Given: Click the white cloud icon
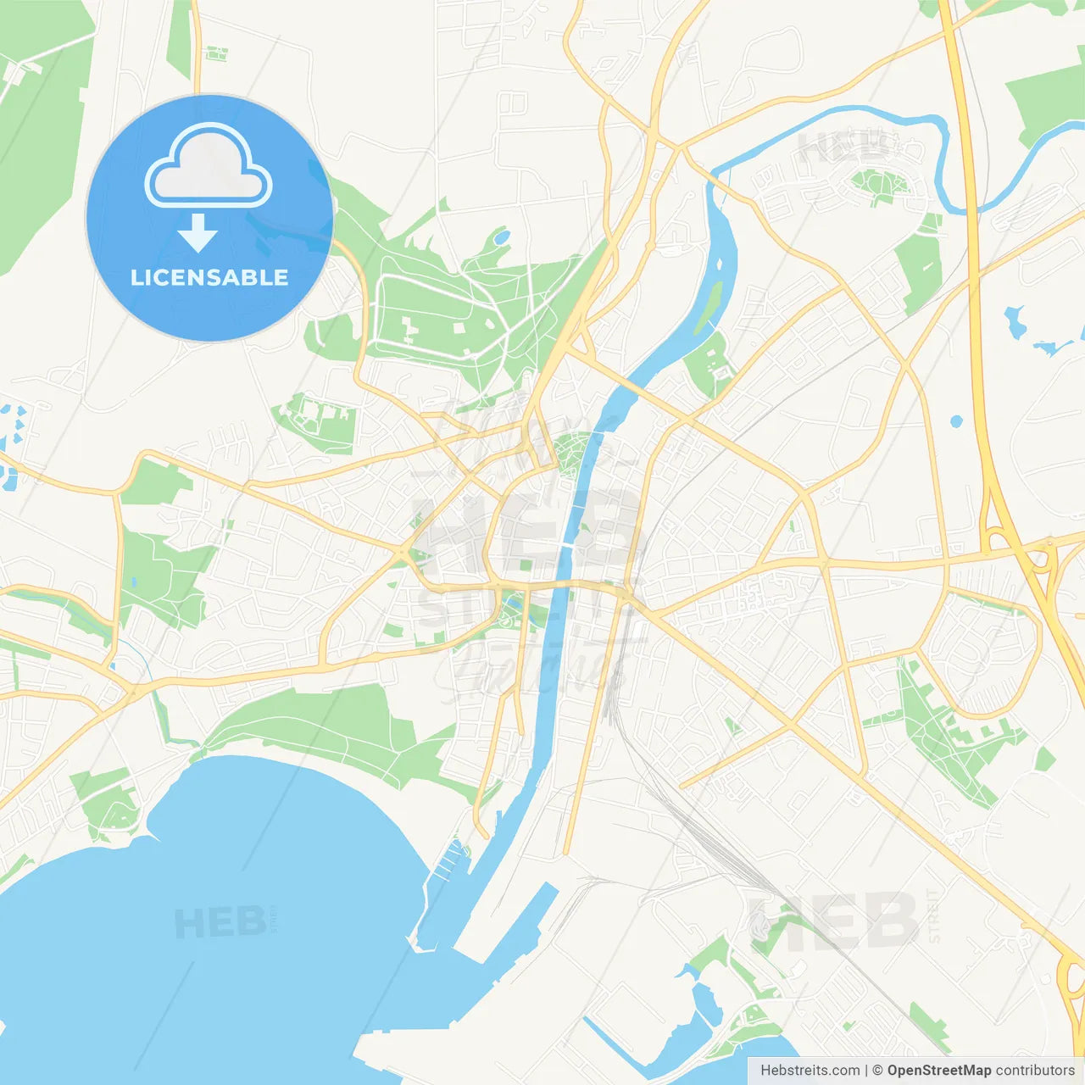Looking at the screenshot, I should coord(209,166).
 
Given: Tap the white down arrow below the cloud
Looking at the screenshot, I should coord(198,233).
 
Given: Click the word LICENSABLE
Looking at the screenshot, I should coord(209,277).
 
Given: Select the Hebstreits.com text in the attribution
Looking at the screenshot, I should coord(810,1071).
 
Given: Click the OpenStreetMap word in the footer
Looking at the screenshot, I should coord(938,1071).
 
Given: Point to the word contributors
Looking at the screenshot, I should coord(1035,1071).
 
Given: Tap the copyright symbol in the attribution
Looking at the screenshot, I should coord(877,1071).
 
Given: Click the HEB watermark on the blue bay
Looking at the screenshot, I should coord(220,922).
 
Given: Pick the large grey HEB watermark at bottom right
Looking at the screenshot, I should coord(835,920).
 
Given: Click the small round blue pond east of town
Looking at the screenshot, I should coord(957,421).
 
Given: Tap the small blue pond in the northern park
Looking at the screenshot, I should coord(502,236).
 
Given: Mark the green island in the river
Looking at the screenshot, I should coord(709,306).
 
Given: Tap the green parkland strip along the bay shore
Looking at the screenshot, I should coord(339,729).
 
